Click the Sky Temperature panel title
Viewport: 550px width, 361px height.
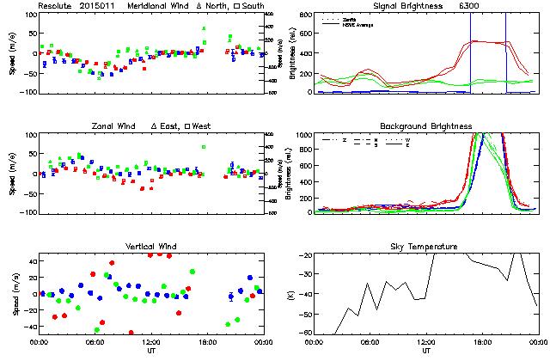click(x=426, y=248)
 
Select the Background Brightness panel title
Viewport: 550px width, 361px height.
click(x=426, y=126)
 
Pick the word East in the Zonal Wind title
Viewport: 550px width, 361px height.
click(x=170, y=126)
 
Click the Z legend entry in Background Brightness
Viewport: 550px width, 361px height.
click(x=344, y=139)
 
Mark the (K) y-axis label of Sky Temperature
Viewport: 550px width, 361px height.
click(x=289, y=295)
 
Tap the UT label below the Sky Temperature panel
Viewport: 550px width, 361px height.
click(x=426, y=351)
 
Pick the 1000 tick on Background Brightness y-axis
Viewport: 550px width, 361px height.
click(x=301, y=136)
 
